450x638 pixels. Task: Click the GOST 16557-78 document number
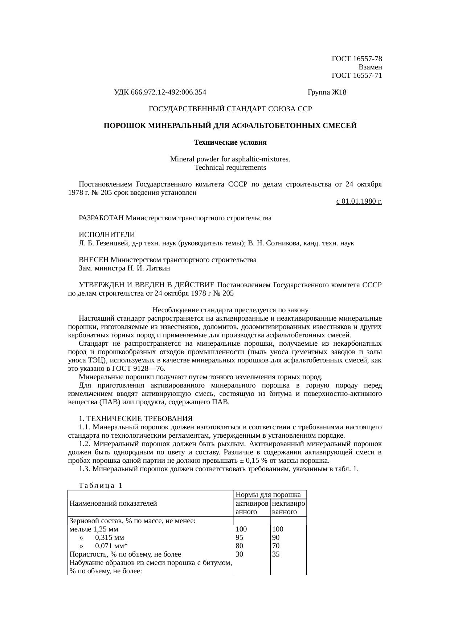[357, 59]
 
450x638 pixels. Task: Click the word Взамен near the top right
[370, 67]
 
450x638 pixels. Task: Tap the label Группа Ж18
[327, 92]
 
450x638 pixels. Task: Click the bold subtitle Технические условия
[230, 143]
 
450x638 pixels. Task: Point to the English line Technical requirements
[230, 168]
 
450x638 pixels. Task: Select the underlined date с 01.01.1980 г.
[359, 201]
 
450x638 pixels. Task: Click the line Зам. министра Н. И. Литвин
[124, 268]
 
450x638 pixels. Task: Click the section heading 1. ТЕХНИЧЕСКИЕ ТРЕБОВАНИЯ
[135, 418]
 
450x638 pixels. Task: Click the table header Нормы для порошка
[268, 495]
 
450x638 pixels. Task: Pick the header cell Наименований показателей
[113, 503]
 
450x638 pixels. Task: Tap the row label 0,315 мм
[109, 538]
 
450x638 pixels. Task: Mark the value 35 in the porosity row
[276, 554]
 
